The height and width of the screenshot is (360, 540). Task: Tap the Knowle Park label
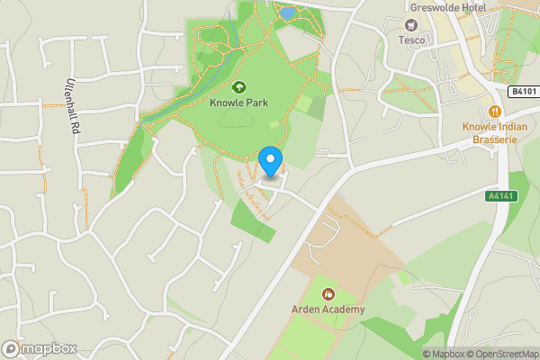pos(240,103)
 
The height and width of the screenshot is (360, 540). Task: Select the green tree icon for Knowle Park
pos(240,87)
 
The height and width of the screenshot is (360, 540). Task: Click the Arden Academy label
pos(328,310)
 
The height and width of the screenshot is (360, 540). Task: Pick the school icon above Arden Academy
pos(328,294)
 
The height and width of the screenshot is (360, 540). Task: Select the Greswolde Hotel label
pos(447,8)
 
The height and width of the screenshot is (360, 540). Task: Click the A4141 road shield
pos(504,195)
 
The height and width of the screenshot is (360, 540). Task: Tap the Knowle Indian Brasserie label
pos(494,133)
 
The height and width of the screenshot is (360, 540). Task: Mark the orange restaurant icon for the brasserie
pos(494,111)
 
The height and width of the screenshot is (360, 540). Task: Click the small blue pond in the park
pos(287,13)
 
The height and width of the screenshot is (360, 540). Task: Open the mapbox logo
pos(39,348)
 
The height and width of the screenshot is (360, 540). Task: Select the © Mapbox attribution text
pos(447,354)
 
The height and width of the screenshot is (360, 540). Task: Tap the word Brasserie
pos(494,139)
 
